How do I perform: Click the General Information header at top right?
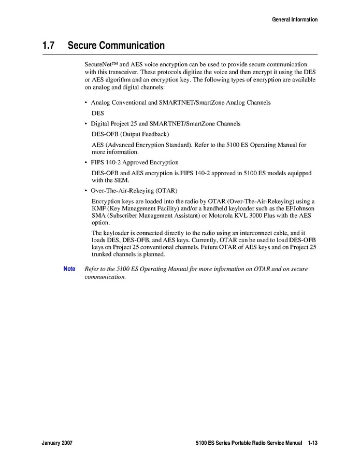click(x=295, y=20)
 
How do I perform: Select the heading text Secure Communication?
click(x=116, y=46)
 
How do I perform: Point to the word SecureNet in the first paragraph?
click(x=98, y=63)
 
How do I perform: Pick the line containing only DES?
click(x=98, y=112)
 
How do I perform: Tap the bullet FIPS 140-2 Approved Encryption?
click(x=135, y=162)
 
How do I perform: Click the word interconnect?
click(x=243, y=233)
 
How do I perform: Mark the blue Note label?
click(x=69, y=269)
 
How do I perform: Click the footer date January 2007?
click(x=57, y=444)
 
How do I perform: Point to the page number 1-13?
click(x=312, y=444)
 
